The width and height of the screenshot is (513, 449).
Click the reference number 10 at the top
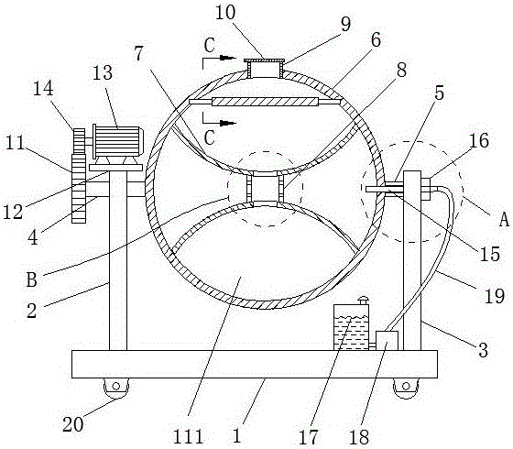[x=225, y=14]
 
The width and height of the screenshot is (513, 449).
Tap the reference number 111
[x=188, y=436]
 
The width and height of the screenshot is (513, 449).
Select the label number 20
[x=73, y=424]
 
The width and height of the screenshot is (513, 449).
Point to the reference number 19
[x=494, y=296]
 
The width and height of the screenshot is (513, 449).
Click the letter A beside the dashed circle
[x=504, y=219]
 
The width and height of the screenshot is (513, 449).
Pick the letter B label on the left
[x=32, y=280]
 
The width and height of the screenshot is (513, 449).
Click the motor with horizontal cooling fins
[x=118, y=141]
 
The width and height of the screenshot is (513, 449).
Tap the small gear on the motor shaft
[x=79, y=141]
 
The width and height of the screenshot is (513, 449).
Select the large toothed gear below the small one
[x=79, y=189]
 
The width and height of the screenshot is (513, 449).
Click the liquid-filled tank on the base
[x=352, y=327]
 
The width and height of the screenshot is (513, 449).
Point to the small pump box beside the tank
[x=387, y=341]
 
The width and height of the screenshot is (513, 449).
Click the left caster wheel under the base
[x=115, y=388]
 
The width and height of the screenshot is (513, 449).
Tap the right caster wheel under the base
[x=406, y=388]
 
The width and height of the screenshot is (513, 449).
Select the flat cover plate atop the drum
[x=264, y=60]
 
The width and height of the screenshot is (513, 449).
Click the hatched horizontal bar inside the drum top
[x=265, y=102]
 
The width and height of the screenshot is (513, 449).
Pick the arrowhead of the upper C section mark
[x=228, y=58]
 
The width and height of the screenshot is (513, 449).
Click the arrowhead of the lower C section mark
[x=228, y=123]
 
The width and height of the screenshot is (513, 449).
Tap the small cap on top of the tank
[x=363, y=301]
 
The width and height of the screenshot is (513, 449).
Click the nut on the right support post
[x=425, y=189]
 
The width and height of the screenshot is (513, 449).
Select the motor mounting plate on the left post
[x=115, y=168]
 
